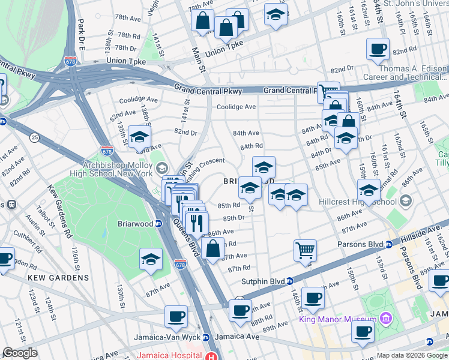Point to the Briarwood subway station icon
click(158, 224)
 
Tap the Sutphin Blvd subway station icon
click(290, 280)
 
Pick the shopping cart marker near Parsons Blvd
click(306, 250)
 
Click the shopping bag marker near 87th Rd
click(212, 248)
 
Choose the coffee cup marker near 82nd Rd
click(378, 50)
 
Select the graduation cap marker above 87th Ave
click(151, 259)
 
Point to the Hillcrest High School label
click(355, 202)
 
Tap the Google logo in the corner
click(20, 353)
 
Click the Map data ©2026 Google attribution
click(411, 355)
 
